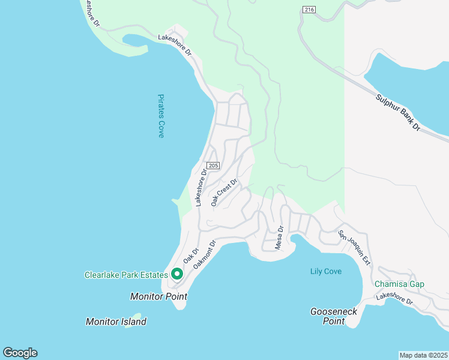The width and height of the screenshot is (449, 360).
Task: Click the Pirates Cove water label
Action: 161,116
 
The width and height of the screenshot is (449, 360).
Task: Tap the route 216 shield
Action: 309,10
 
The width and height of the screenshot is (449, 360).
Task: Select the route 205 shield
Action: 213,166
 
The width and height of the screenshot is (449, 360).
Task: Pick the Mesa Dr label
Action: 279,238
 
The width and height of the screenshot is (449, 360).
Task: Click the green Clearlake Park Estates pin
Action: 177,274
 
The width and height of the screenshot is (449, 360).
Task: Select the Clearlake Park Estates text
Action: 125,275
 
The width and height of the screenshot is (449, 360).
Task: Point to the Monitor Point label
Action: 158,296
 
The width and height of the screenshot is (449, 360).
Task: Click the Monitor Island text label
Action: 116,322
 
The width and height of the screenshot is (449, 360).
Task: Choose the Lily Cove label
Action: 326,272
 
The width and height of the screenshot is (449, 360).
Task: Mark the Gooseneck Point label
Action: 328,316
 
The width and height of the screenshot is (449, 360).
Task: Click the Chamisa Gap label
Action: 399,284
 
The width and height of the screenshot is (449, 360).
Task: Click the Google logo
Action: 20,353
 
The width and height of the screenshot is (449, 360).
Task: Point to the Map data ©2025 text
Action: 423,355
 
